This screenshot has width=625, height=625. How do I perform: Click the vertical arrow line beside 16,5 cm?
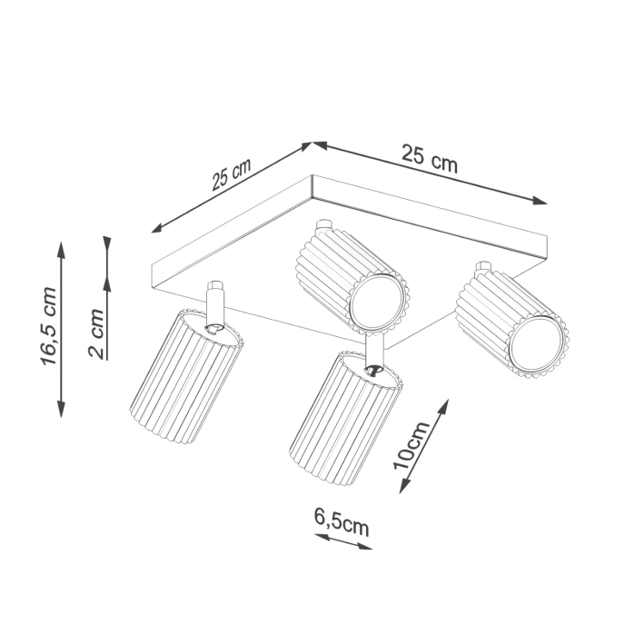coord(61,327)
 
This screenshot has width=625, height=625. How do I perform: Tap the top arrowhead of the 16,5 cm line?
coord(61,247)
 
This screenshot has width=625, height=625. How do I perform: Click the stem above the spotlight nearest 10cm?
coord(374,350)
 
